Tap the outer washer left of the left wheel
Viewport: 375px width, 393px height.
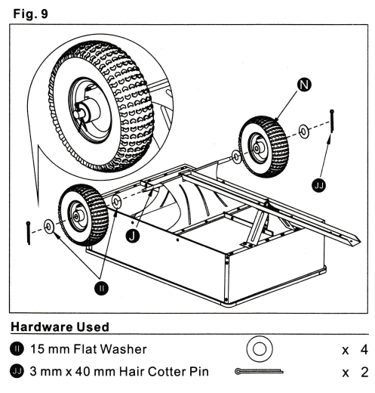coord(48,225)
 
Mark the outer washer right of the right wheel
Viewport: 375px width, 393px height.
coord(303,132)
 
